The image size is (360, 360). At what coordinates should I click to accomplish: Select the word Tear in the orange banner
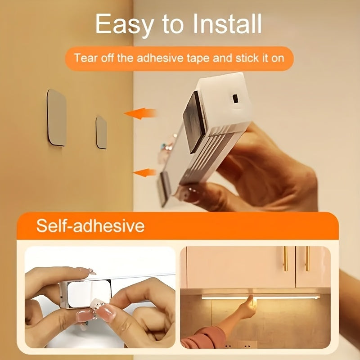coord(85,58)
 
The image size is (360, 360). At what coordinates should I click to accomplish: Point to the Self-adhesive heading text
coord(90,225)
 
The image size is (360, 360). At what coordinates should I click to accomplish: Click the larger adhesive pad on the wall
coord(57,117)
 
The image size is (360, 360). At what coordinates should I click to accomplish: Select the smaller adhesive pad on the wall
coord(102,132)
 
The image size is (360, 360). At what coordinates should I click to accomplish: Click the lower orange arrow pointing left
coord(144,172)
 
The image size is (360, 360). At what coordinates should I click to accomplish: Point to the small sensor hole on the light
coord(234,97)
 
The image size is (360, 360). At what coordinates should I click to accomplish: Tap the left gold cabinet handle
coord(285,258)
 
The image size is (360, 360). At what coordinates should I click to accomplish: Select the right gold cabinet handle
coord(308,258)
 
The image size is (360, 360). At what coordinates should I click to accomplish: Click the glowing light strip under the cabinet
coord(261,297)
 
